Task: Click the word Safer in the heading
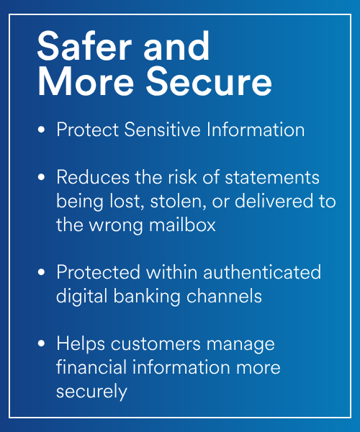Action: point(84,45)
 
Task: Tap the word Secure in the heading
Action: point(209,81)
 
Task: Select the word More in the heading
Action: point(86,81)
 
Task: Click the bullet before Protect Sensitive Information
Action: point(41,129)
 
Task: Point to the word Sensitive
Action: point(162,129)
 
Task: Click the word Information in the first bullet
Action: point(256,129)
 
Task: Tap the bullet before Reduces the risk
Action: point(41,177)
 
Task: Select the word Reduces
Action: point(93,177)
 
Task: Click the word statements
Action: point(272,177)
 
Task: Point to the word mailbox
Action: point(182,225)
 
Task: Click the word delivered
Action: point(274,201)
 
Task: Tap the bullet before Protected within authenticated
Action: point(41,272)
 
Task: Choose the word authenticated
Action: point(262,272)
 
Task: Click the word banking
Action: point(147,297)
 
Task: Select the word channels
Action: point(224,296)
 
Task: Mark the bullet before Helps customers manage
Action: point(41,343)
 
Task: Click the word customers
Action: point(156,344)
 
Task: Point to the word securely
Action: point(91,392)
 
